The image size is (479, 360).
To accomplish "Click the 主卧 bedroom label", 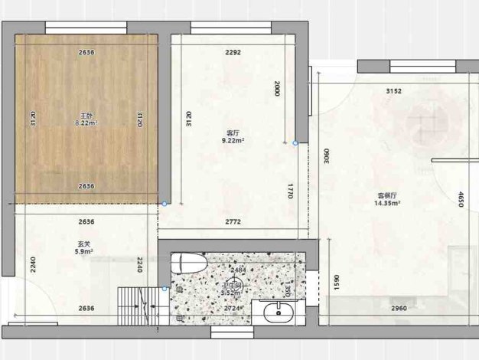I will [x=86, y=115].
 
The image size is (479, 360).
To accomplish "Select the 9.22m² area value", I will [x=233, y=141].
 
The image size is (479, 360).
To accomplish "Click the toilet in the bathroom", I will [x=188, y=263].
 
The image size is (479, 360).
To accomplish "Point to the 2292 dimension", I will [x=233, y=53].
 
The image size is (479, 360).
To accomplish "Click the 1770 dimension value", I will [x=291, y=191].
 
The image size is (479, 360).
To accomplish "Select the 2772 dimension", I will [x=233, y=222].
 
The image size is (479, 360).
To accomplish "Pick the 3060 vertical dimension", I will [x=327, y=157].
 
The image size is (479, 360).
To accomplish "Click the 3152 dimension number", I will [x=393, y=91].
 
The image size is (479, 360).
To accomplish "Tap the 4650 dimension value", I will [x=461, y=201].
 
